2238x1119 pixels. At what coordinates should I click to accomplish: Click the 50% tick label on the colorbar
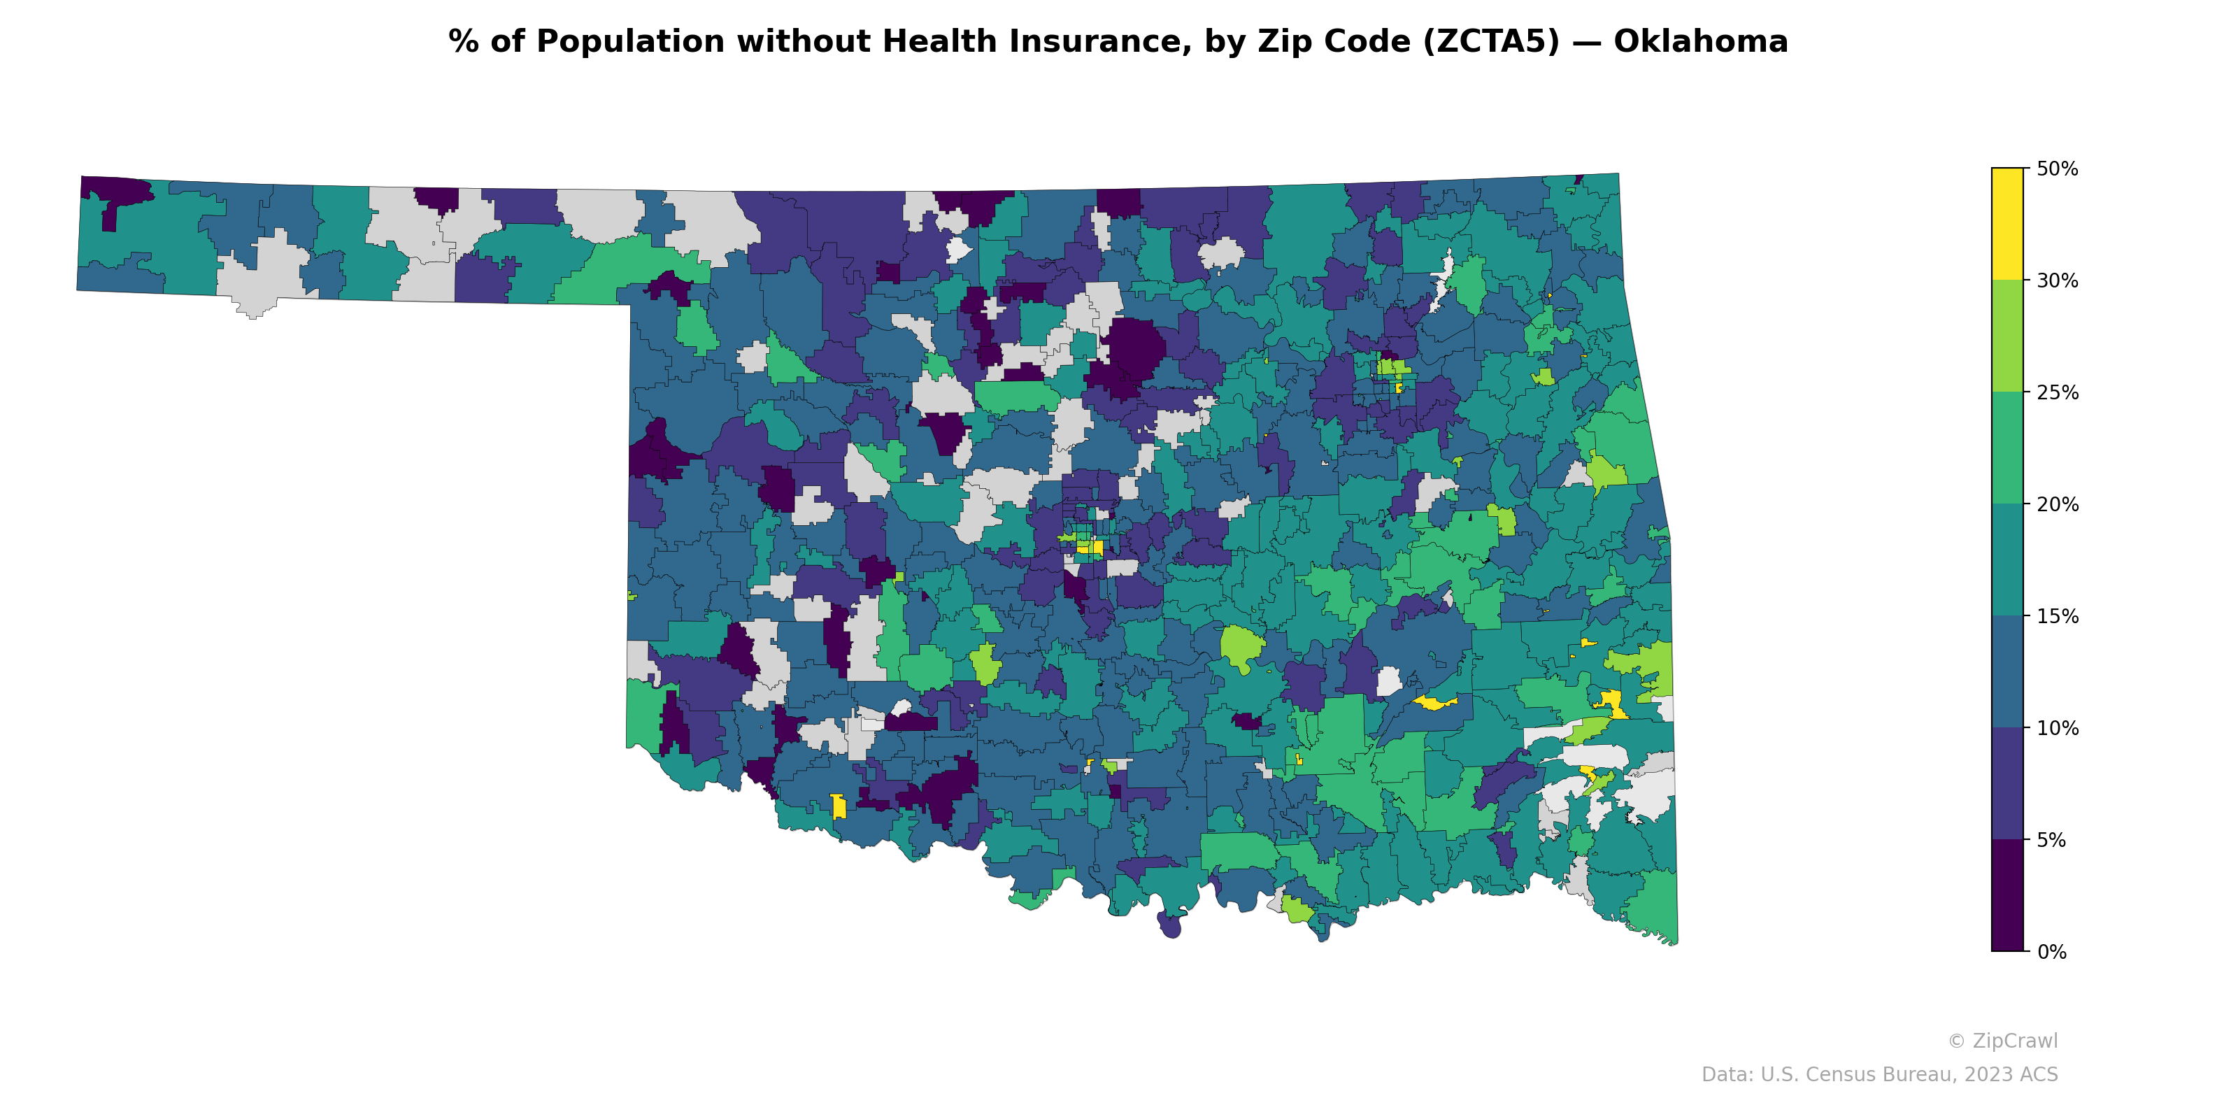[2058, 169]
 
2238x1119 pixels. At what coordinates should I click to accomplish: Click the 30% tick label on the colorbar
[2058, 280]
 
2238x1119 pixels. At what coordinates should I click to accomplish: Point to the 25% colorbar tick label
[2058, 392]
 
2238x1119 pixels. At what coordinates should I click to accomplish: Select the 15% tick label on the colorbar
[2058, 617]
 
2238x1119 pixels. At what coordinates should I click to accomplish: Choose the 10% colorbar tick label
[2058, 729]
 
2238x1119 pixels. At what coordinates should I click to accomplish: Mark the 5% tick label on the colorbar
[2051, 840]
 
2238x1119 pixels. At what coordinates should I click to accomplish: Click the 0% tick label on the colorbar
[2051, 952]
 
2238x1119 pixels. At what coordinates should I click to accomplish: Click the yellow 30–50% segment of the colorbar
[2007, 224]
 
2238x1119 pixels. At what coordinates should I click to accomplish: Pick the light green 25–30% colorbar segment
[2007, 336]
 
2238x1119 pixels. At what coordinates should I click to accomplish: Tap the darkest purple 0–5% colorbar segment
[2007, 896]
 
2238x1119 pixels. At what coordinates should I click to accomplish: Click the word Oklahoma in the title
[1700, 42]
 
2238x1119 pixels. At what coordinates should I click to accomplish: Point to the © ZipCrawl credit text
[2002, 1041]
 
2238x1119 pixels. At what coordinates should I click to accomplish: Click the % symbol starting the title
[463, 42]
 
